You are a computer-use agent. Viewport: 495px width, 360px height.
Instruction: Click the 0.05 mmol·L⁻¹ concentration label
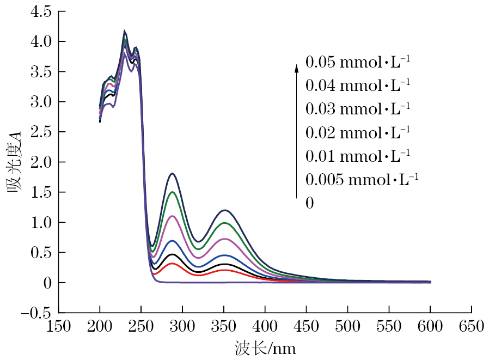[x=357, y=62]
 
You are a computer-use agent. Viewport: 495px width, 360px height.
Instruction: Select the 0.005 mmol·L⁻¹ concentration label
[x=362, y=179]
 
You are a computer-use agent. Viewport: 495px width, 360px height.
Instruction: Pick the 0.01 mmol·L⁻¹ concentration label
[x=357, y=156]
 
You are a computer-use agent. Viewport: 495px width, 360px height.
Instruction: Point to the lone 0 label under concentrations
[x=309, y=203]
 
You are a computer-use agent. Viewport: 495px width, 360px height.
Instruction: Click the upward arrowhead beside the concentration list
[x=297, y=68]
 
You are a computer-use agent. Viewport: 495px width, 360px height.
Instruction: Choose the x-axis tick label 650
[x=471, y=326]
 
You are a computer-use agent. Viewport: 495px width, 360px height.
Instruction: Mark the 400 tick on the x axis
[x=265, y=326]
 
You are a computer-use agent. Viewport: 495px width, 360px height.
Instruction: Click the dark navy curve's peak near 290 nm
[x=172, y=173]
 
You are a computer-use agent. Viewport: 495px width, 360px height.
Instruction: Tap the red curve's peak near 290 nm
[x=172, y=264]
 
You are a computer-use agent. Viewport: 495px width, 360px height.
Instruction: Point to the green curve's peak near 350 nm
[x=224, y=223]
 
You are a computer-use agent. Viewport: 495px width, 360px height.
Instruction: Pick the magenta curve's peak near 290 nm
[x=172, y=216]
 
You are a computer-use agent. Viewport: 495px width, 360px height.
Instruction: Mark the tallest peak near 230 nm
[x=125, y=31]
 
